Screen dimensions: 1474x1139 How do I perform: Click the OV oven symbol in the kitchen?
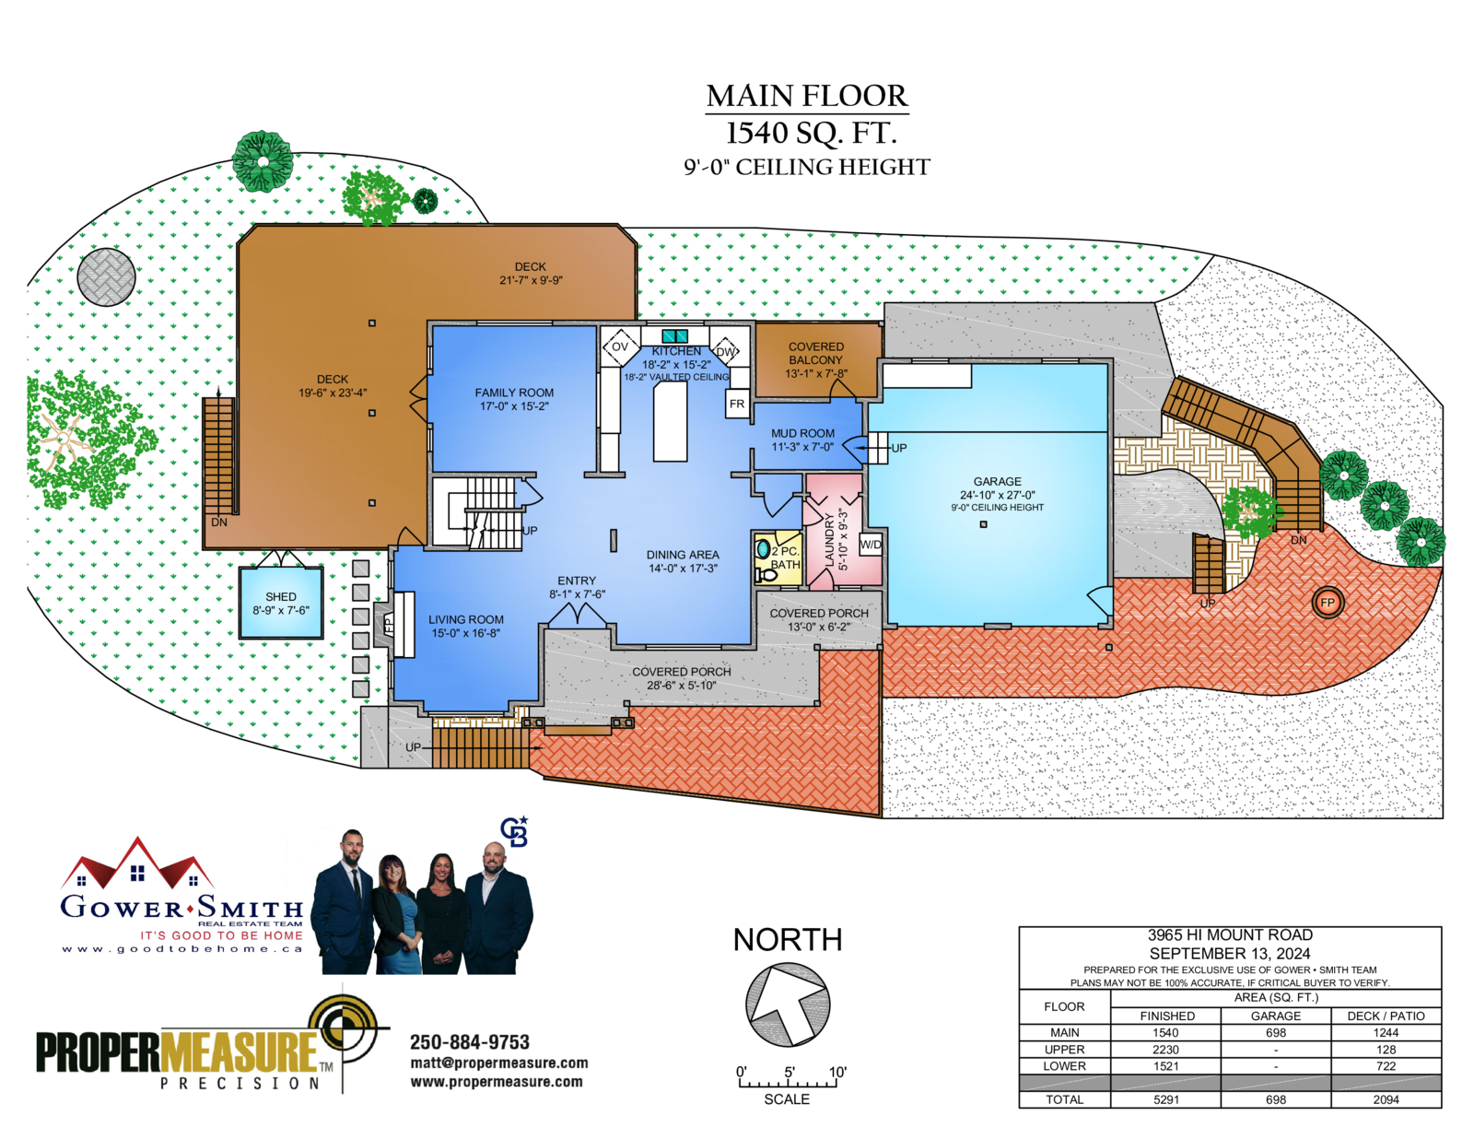click(x=620, y=346)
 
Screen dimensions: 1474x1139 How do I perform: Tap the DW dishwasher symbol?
click(x=725, y=351)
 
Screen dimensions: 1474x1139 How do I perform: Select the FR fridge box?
click(x=737, y=404)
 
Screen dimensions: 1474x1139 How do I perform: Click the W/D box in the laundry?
click(x=871, y=545)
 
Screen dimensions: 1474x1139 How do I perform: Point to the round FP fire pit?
click(x=1328, y=603)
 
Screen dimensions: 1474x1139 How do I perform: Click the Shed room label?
click(x=281, y=603)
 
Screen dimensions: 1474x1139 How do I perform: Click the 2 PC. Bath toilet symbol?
click(x=766, y=575)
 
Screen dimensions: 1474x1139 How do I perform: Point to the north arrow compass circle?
click(x=788, y=1004)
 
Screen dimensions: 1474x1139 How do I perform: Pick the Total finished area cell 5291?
click(x=1166, y=1099)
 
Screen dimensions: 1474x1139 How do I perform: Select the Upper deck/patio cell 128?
click(x=1386, y=1050)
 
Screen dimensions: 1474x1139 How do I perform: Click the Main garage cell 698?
click(x=1275, y=1032)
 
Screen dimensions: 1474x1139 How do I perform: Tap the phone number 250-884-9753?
click(x=470, y=1042)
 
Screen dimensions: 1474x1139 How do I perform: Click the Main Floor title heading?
click(x=806, y=97)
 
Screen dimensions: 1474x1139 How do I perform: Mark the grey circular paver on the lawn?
click(x=107, y=276)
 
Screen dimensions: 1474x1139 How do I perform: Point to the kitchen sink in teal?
click(x=675, y=335)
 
